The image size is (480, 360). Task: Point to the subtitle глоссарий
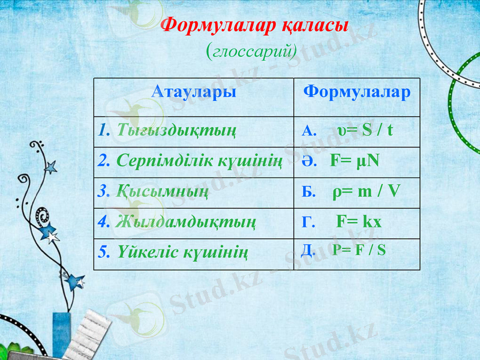[251, 51]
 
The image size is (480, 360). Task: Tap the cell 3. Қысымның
[154, 191]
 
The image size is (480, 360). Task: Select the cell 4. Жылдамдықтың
[178, 222]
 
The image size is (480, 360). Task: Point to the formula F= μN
[355, 161]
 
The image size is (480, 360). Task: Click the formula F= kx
[359, 222]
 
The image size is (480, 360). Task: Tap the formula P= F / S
[359, 250]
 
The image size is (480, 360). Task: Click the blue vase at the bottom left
[61, 333]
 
